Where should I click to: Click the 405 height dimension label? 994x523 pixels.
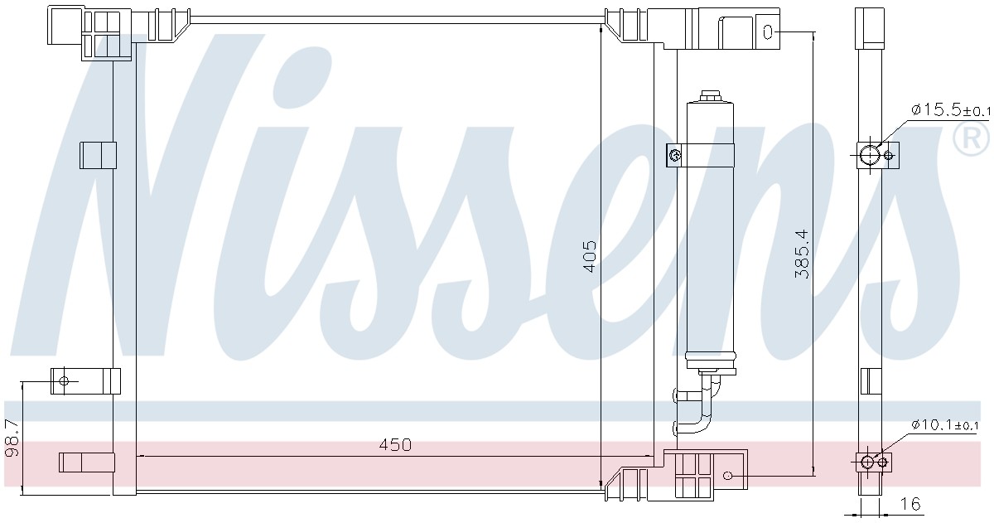click(x=589, y=257)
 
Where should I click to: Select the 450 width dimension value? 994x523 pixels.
click(x=395, y=444)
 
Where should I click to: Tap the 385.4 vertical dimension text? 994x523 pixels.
click(x=802, y=254)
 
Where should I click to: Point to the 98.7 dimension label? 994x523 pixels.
click(x=12, y=438)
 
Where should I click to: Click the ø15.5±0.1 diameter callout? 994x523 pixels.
click(x=950, y=109)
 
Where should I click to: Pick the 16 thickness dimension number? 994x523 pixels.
click(x=910, y=503)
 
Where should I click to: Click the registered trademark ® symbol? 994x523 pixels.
click(x=971, y=138)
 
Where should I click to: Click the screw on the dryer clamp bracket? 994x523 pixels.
click(x=674, y=155)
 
